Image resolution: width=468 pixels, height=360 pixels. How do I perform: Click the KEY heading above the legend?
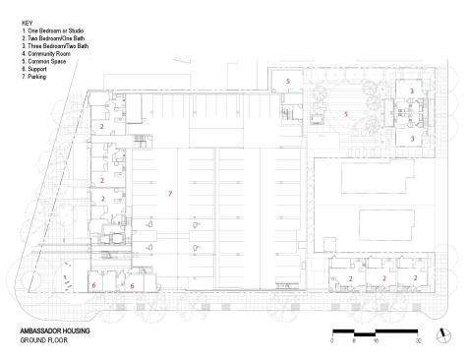click(x=27, y=24)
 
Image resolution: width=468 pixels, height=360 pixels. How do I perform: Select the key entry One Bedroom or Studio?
click(x=53, y=30)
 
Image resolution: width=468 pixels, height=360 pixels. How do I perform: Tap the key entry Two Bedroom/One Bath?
click(x=53, y=38)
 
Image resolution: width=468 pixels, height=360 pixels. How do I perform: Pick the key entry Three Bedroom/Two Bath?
click(x=55, y=46)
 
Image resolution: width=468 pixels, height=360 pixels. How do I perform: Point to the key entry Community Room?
click(x=46, y=54)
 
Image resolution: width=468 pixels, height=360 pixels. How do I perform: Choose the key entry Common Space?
click(x=44, y=62)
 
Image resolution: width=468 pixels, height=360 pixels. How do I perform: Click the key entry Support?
click(x=34, y=69)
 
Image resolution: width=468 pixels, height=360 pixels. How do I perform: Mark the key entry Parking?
click(x=33, y=77)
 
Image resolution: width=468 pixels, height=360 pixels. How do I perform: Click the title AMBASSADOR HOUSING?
click(x=55, y=330)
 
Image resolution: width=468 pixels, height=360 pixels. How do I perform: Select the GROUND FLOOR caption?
click(x=44, y=340)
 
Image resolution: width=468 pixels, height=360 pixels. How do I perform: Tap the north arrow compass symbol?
click(x=444, y=335)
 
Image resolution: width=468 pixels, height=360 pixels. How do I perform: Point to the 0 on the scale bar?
click(x=332, y=341)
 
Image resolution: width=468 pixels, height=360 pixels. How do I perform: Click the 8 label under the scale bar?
click(x=354, y=341)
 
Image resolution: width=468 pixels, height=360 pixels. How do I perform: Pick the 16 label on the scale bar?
click(x=376, y=341)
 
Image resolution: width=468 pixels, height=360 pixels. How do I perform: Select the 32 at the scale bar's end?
click(x=418, y=341)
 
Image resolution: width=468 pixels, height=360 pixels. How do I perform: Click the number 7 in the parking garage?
click(x=170, y=194)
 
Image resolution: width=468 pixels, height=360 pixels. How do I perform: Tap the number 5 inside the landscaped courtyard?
click(x=345, y=114)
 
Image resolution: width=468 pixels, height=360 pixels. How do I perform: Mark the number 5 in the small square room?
click(x=288, y=81)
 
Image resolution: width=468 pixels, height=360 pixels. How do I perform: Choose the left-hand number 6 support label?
click(x=93, y=285)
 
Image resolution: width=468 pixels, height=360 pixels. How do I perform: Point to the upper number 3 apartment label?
click(x=412, y=90)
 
